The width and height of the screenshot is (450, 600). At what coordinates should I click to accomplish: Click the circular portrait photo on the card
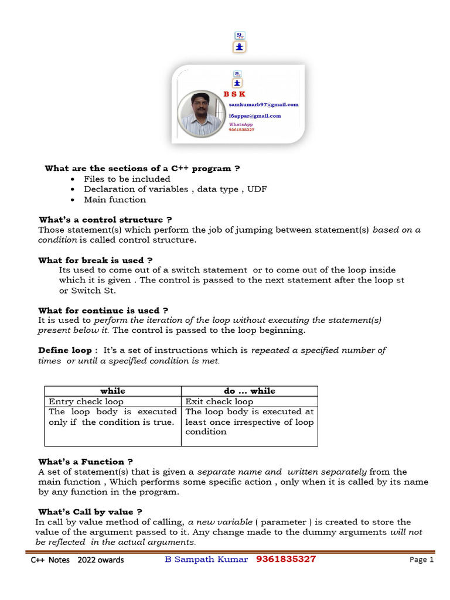(201, 114)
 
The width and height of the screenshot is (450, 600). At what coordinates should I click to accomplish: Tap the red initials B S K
(234, 94)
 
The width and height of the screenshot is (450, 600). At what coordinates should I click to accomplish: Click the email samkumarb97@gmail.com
(263, 104)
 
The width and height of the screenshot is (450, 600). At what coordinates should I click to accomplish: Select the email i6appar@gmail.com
(254, 116)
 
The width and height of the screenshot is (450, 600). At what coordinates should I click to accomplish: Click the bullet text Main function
(115, 200)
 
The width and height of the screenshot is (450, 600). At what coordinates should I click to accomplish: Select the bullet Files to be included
(127, 179)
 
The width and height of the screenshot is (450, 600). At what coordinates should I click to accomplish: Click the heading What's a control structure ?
(105, 220)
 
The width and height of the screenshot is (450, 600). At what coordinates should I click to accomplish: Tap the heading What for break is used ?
(96, 260)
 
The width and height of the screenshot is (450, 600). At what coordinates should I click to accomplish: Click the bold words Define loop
(64, 350)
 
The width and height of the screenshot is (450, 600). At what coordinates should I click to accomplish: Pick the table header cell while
(112, 391)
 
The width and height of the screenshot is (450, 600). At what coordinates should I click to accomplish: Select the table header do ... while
(249, 391)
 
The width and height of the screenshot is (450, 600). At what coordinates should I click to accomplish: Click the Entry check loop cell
(86, 402)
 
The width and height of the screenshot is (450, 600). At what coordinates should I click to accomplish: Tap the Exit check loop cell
(219, 402)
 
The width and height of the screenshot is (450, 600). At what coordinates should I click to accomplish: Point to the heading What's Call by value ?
(90, 512)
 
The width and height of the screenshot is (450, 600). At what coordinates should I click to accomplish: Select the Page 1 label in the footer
(421, 560)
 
